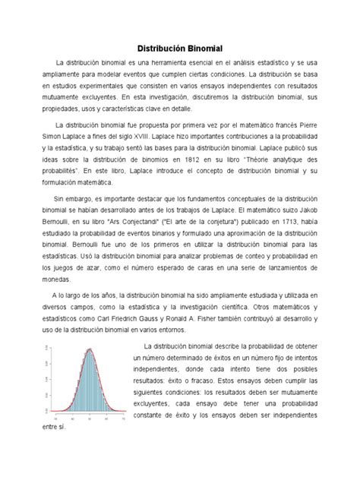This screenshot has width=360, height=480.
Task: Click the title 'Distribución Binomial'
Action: coord(179,47)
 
